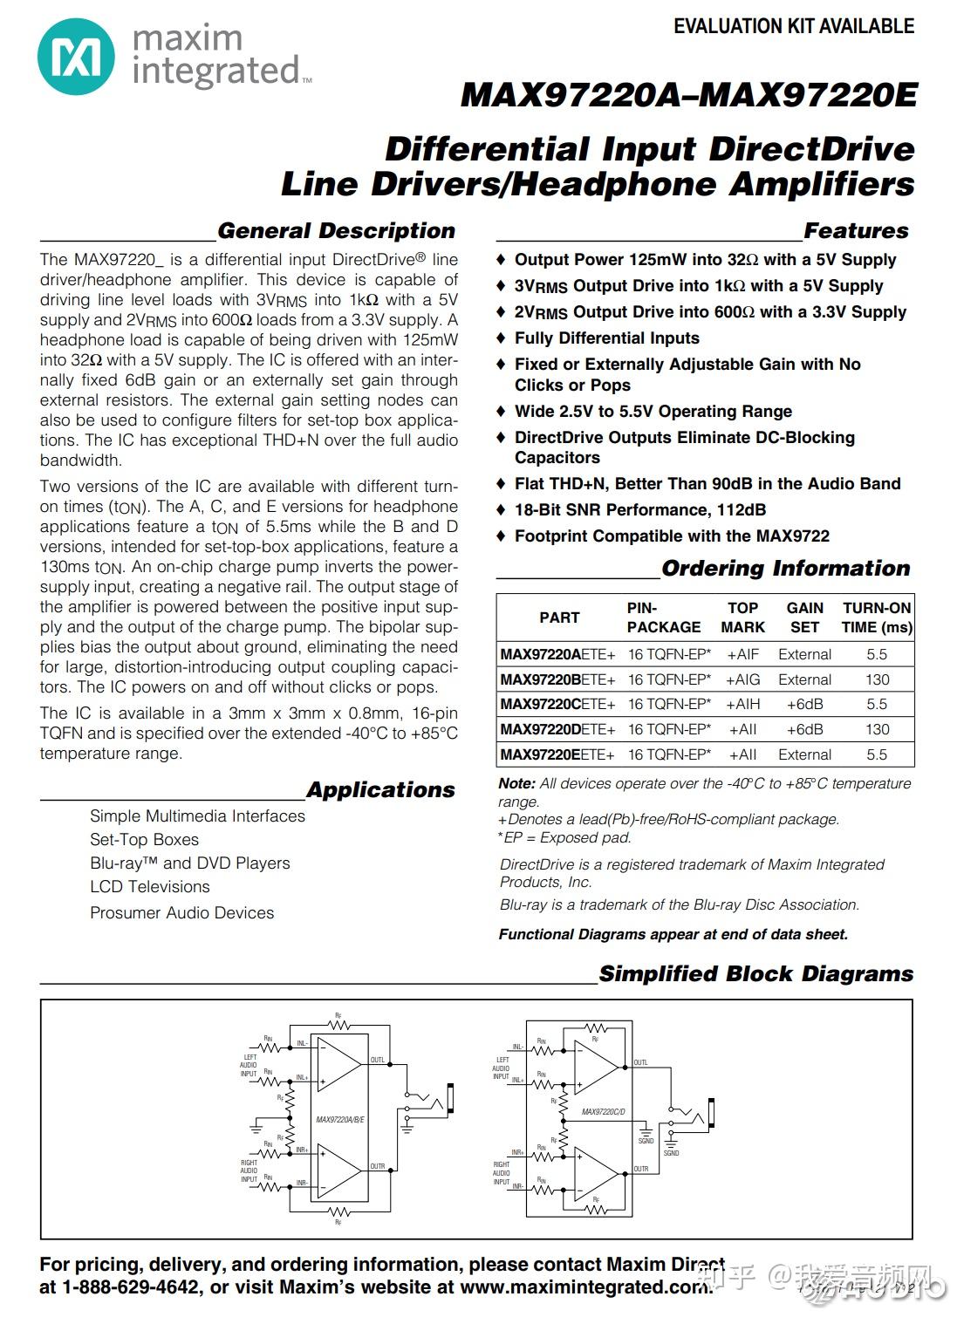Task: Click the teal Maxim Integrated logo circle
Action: click(x=76, y=57)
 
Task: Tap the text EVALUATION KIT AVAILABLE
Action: click(x=793, y=27)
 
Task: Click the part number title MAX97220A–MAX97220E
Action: click(x=688, y=95)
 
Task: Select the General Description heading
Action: click(x=336, y=231)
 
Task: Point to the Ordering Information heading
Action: click(x=785, y=569)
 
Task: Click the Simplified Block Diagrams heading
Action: click(x=755, y=974)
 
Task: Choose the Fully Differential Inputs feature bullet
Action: click(x=606, y=338)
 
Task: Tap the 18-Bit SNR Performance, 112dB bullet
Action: click(x=639, y=510)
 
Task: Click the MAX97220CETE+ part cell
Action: click(x=557, y=705)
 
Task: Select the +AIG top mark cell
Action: click(x=742, y=679)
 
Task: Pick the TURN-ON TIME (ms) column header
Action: click(x=876, y=618)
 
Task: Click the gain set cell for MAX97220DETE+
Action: click(x=804, y=729)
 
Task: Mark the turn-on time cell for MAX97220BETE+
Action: click(x=877, y=679)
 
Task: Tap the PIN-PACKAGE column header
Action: click(x=663, y=618)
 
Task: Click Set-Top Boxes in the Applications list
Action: click(x=144, y=840)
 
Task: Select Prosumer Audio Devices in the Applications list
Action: click(x=181, y=913)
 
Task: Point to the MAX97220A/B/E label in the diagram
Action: click(x=340, y=1119)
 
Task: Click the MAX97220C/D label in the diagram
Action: click(x=604, y=1112)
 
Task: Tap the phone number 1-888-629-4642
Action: click(x=131, y=1287)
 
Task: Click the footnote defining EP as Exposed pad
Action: click(x=564, y=838)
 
